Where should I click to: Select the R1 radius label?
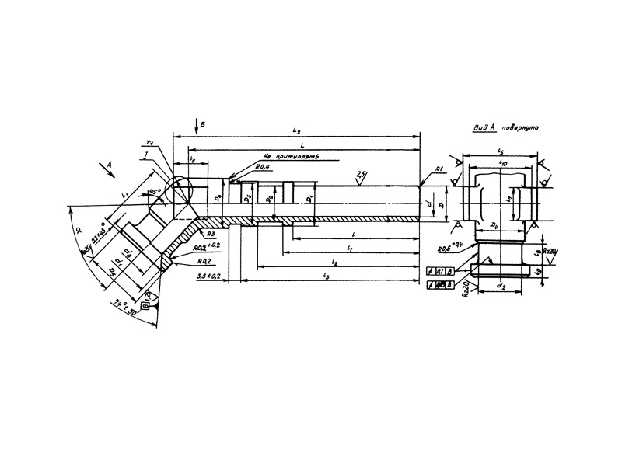(439, 169)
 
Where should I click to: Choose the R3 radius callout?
(211, 233)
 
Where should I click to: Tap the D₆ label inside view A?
(494, 225)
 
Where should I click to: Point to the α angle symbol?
(76, 230)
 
